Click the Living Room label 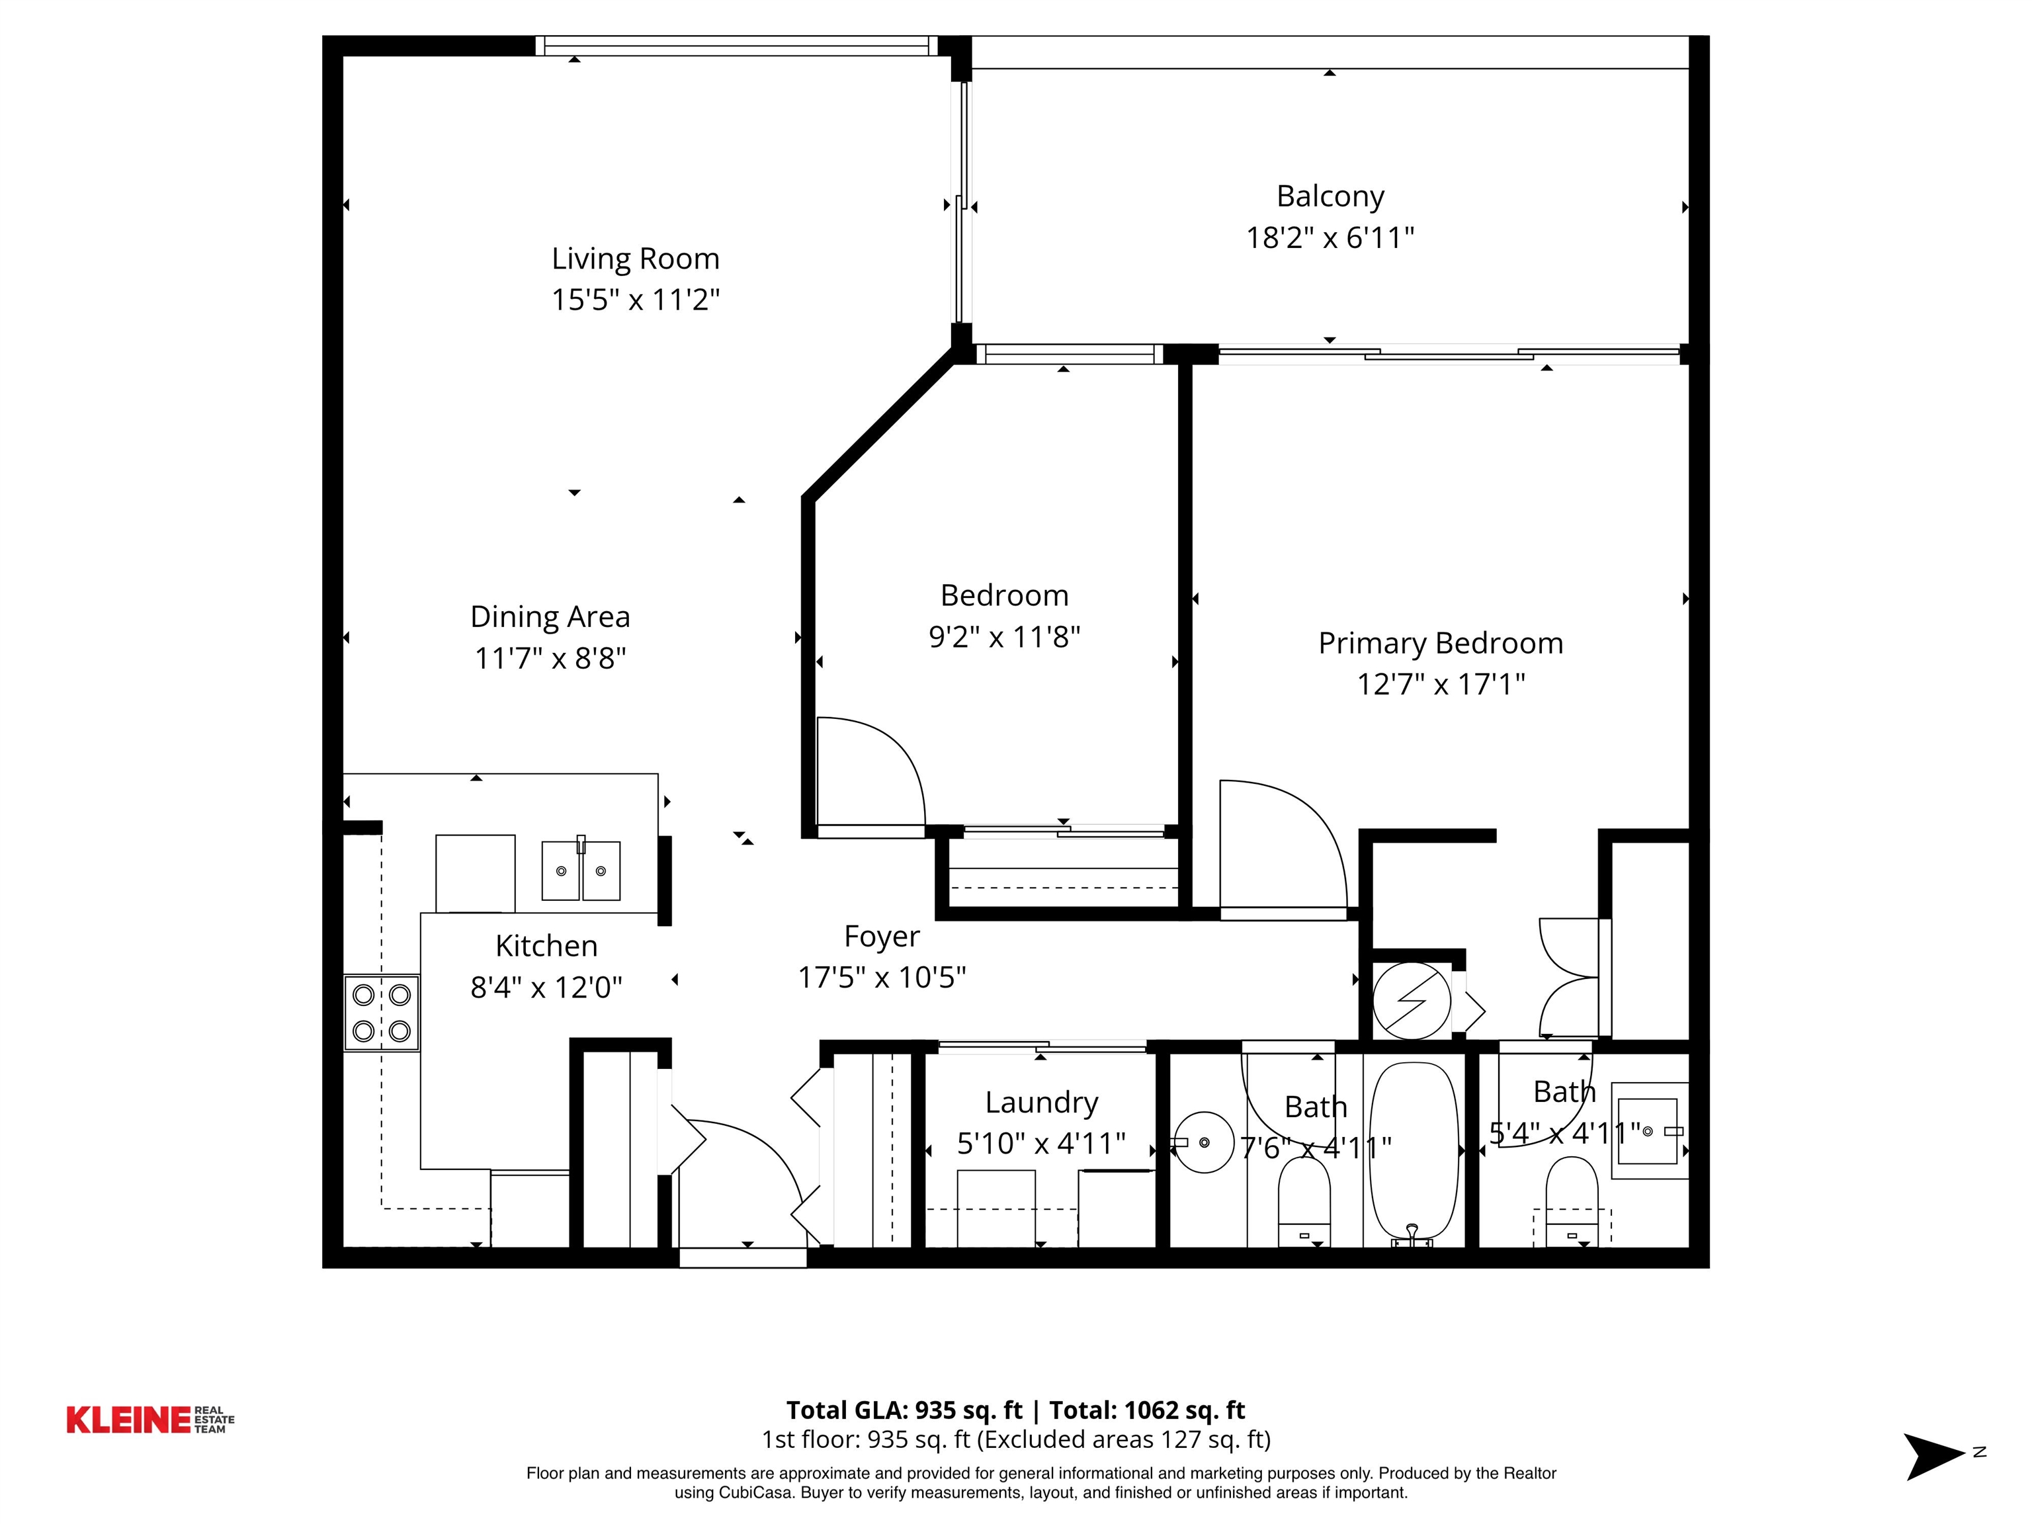pyautogui.click(x=635, y=259)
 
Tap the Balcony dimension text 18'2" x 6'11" pyautogui.click(x=1330, y=238)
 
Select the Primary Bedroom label pyautogui.click(x=1441, y=643)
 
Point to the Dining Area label pyautogui.click(x=550, y=616)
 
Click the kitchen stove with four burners pyautogui.click(x=381, y=1013)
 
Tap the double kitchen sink pyautogui.click(x=581, y=869)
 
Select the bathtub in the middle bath pyautogui.click(x=1414, y=1153)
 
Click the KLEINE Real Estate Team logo pyautogui.click(x=149, y=1419)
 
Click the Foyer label pyautogui.click(x=882, y=936)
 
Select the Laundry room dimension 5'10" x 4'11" pyautogui.click(x=1040, y=1144)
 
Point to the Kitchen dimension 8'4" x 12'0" pyautogui.click(x=546, y=988)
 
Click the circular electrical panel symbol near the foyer pyautogui.click(x=1412, y=1000)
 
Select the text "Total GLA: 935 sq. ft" pyautogui.click(x=904, y=1410)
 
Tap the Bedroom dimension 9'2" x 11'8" pyautogui.click(x=1004, y=636)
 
